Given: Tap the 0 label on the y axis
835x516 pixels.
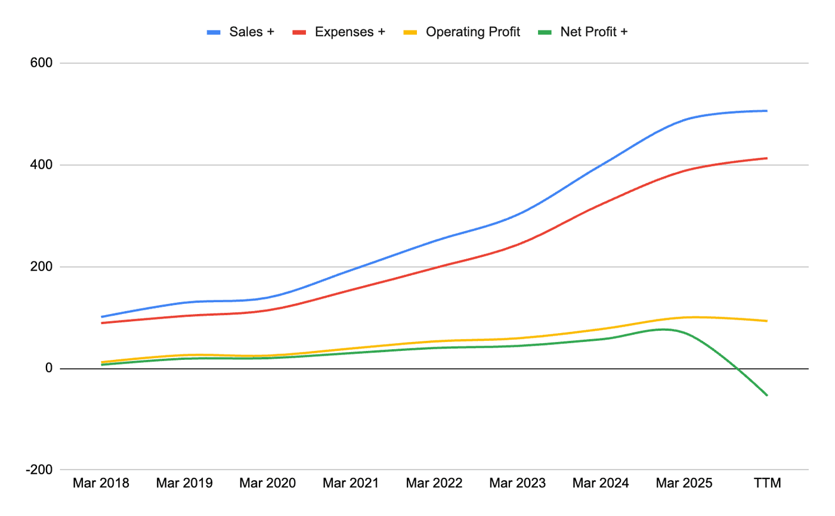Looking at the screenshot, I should (x=48, y=369).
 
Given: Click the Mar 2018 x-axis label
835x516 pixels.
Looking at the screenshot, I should (x=101, y=483).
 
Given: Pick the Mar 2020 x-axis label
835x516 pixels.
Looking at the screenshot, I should (x=267, y=483).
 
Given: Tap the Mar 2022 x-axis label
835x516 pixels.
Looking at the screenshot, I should (x=434, y=483).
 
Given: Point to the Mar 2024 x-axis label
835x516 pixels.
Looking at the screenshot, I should (x=600, y=483).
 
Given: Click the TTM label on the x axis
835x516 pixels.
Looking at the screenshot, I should (x=766, y=483).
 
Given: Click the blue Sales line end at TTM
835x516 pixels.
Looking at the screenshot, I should (x=766, y=111).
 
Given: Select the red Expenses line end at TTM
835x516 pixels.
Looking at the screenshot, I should (x=766, y=158).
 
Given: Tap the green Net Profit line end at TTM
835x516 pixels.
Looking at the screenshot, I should (x=766, y=395).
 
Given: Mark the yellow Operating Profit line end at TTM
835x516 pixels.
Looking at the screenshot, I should (x=766, y=321).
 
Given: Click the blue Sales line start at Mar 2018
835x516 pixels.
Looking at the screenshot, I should (x=102, y=317).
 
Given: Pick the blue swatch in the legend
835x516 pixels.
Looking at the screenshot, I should (x=214, y=32).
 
